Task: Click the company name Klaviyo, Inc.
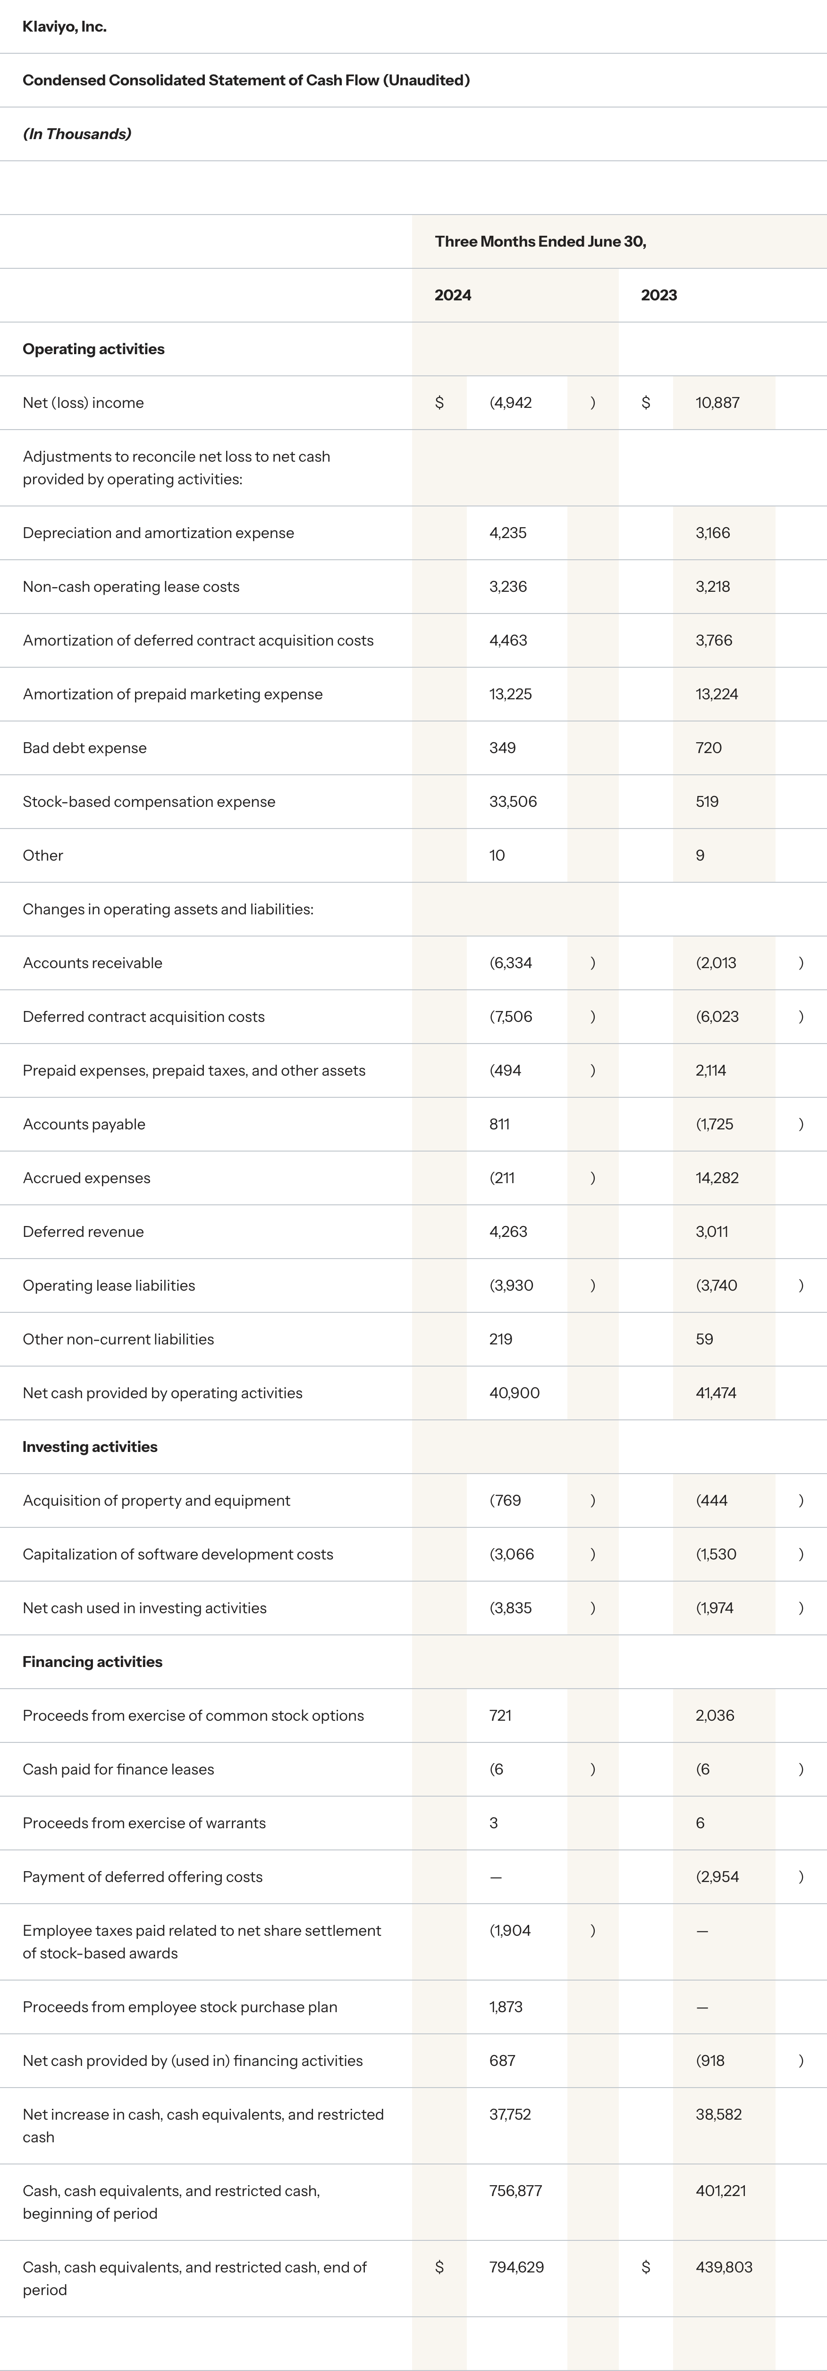coord(65,27)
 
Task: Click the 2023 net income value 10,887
coord(717,403)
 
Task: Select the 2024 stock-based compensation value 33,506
coord(513,802)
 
